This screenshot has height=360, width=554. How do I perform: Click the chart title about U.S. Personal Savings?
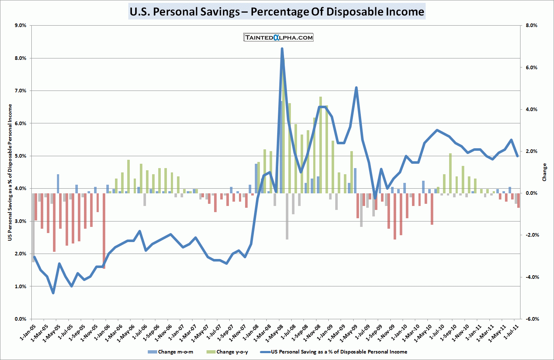(277, 12)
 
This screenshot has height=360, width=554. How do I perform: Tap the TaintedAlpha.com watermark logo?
(278, 38)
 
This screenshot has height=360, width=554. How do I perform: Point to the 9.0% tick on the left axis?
(20, 26)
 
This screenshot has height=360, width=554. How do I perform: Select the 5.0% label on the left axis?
(20, 156)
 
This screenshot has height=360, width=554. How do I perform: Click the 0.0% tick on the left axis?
(20, 319)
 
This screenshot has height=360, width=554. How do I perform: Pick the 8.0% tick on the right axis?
(531, 26)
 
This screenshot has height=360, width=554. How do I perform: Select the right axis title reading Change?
(544, 172)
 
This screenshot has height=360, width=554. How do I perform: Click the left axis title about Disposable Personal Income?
(10, 172)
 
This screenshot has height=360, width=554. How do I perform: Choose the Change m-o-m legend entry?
(171, 352)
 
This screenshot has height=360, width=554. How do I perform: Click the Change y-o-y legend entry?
(228, 352)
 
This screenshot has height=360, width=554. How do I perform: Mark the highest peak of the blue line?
(282, 49)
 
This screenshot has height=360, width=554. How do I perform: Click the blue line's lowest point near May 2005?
(53, 293)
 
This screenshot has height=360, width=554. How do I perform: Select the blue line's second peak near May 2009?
(356, 88)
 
